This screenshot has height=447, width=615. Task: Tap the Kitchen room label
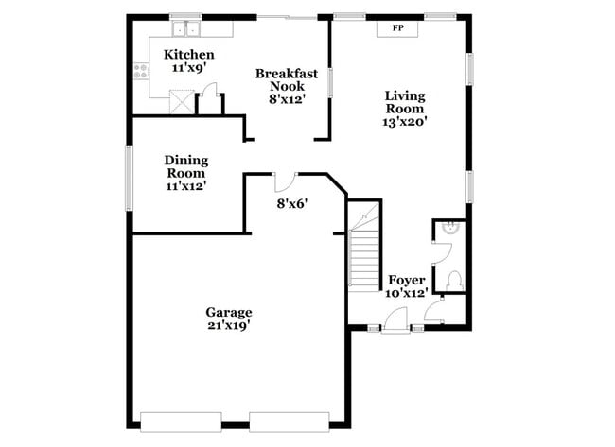189,55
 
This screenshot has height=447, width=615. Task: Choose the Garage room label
229,312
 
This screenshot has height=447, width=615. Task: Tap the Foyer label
407,281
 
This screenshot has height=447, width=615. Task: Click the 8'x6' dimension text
292,203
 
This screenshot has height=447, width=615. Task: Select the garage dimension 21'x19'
229,326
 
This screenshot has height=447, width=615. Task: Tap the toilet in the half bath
453,281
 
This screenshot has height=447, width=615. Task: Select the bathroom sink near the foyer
451,228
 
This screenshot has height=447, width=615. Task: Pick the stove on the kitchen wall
142,68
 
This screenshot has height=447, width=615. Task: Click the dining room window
131,178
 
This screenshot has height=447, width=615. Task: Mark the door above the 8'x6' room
285,181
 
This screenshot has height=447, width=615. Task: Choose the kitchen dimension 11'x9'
189,69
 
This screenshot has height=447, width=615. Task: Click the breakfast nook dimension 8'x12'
287,98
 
